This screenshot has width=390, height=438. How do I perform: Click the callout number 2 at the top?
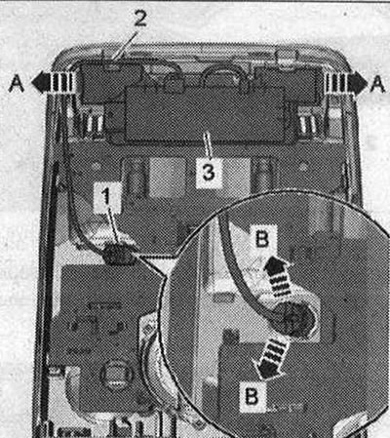click(139, 19)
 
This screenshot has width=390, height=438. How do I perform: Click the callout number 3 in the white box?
click(209, 172)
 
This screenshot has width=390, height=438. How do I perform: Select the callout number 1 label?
click(105, 196)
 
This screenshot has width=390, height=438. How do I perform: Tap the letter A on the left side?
click(17, 83)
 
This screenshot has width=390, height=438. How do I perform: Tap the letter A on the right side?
click(377, 83)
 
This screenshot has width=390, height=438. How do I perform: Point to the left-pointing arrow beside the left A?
click(53, 83)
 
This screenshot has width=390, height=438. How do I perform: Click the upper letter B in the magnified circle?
click(262, 240)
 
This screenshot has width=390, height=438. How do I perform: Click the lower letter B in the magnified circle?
click(252, 396)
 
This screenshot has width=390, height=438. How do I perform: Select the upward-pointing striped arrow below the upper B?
click(278, 276)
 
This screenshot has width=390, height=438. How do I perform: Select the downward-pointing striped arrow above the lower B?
click(272, 358)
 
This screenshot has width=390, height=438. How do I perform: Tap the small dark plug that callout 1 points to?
click(118, 255)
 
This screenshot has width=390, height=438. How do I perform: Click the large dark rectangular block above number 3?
click(206, 113)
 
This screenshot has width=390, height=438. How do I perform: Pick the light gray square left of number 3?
click(168, 178)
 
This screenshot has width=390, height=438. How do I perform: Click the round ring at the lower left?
click(116, 376)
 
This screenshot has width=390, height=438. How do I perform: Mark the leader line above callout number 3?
click(208, 147)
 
